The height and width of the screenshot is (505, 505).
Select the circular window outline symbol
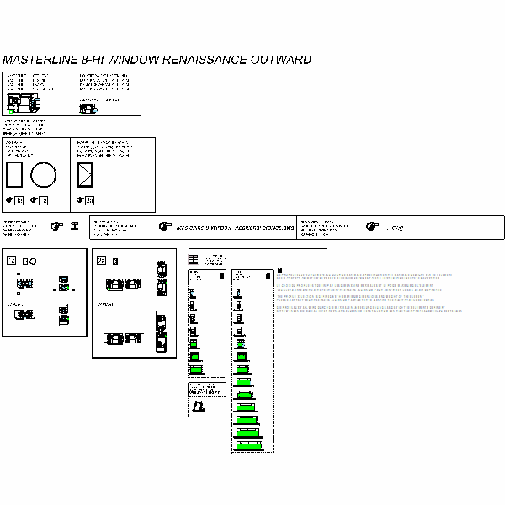[44, 177]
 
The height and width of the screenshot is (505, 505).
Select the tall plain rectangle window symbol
[14, 177]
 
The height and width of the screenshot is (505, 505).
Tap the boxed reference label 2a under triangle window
[89, 200]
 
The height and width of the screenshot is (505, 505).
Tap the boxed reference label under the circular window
[44, 200]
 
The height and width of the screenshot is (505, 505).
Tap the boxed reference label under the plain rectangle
[19, 200]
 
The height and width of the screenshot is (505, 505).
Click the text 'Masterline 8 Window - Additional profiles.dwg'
[235, 227]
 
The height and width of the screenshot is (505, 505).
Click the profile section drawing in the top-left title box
[24, 103]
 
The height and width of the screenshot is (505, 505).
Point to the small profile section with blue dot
[88, 107]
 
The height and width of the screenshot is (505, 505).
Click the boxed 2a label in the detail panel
[102, 260]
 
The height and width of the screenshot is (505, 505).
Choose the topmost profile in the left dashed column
[194, 295]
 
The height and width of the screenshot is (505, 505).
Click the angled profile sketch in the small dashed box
[199, 406]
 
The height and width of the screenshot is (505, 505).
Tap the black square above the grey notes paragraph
[279, 269]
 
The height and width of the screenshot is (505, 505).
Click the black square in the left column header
[221, 275]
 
